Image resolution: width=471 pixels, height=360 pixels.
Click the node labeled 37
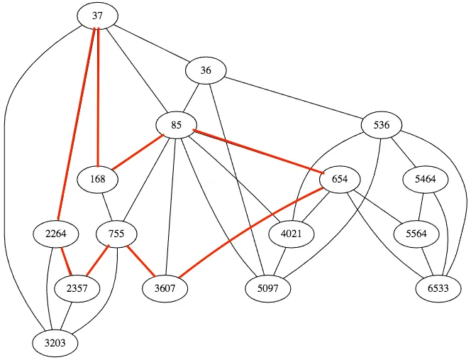tap(98, 16)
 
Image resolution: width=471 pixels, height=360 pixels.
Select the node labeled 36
tap(206, 70)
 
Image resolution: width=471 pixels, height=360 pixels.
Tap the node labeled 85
tap(177, 125)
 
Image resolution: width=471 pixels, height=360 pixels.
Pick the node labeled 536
tap(382, 125)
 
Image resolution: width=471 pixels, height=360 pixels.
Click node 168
tap(98, 179)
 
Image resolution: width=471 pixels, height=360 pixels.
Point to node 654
tap(340, 179)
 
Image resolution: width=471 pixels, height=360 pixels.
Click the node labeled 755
tap(116, 234)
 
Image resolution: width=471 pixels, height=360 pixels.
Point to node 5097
tap(268, 288)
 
